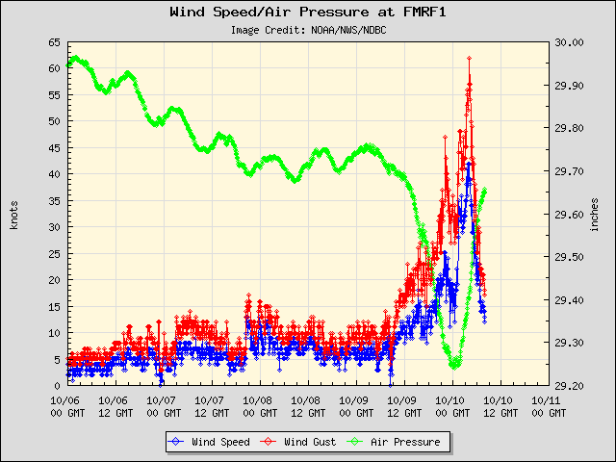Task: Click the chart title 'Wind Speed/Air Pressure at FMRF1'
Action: point(308,13)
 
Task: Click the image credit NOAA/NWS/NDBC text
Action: point(308,30)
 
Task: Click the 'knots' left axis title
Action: point(13,214)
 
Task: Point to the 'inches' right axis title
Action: point(596,214)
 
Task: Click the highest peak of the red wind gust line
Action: point(469,59)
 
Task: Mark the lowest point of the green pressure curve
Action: point(454,366)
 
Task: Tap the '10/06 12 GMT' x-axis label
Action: point(114,405)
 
